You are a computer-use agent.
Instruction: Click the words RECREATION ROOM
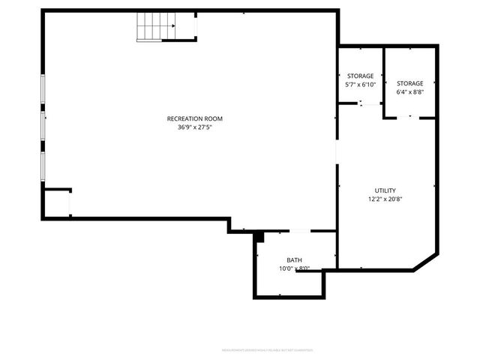(x=194, y=118)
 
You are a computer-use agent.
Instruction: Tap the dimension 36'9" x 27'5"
(x=194, y=127)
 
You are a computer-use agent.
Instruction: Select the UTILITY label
(x=385, y=190)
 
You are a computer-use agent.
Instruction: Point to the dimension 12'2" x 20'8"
(x=385, y=199)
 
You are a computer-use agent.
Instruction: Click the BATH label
(x=294, y=260)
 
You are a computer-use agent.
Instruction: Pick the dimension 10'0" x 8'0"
(x=294, y=268)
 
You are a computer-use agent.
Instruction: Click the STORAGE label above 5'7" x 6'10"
(x=360, y=76)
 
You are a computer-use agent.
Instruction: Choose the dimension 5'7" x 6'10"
(x=360, y=85)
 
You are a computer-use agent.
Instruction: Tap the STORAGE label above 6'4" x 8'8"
(x=409, y=83)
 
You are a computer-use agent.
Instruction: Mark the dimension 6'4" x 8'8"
(x=409, y=92)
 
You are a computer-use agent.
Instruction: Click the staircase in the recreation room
(x=154, y=28)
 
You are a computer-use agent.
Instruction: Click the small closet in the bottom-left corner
(x=57, y=202)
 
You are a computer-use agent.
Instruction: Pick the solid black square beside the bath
(x=259, y=238)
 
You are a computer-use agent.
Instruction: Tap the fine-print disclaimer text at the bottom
(x=267, y=349)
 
